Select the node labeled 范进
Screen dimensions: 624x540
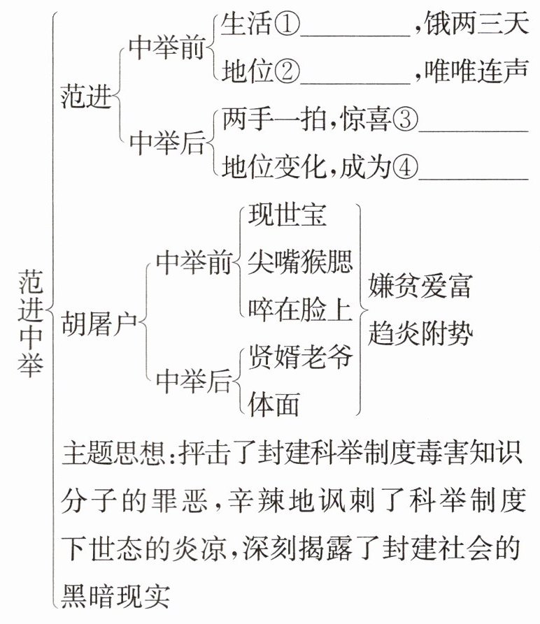point(87,96)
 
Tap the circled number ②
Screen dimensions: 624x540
point(287,71)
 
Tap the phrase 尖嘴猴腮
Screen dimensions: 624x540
point(300,263)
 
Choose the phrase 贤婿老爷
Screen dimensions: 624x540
point(300,358)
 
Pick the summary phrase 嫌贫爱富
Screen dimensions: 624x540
point(420,286)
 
